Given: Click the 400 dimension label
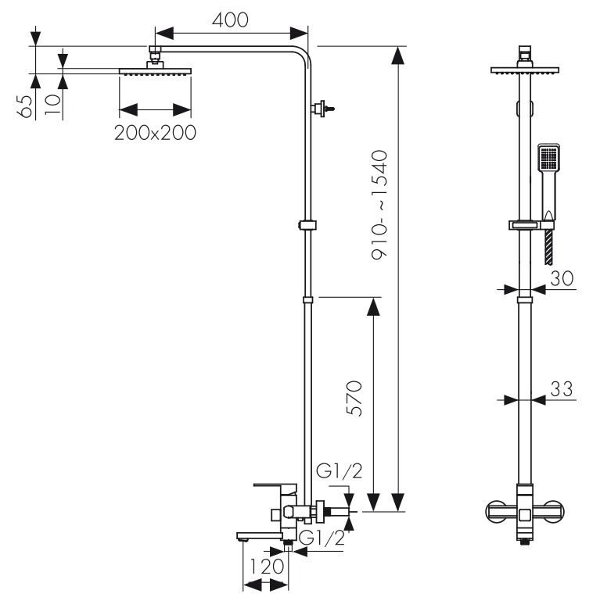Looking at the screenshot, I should pos(231,20).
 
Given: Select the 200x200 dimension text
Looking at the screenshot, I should pos(155,132).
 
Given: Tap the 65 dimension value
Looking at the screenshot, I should pos(26,105).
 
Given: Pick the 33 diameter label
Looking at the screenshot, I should pos(561,388).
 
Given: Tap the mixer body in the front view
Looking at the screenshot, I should pos(525,512).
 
